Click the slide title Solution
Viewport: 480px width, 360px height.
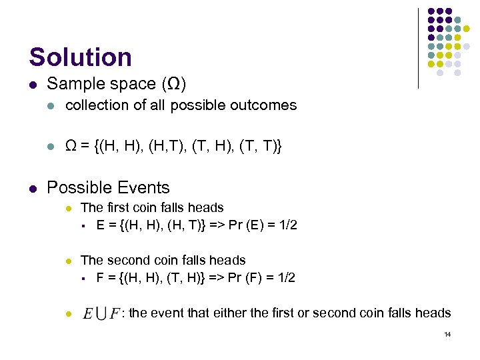(80, 57)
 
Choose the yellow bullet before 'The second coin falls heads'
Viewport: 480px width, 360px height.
(68, 261)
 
